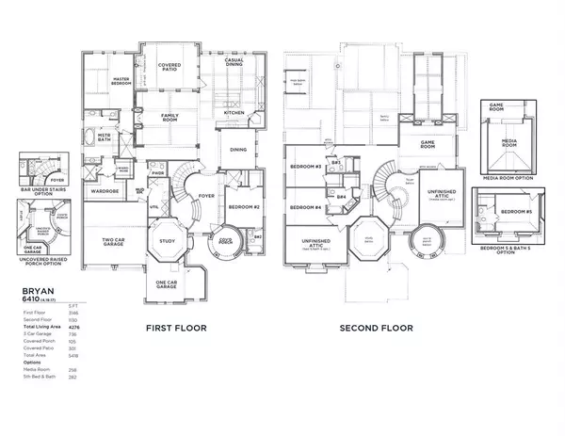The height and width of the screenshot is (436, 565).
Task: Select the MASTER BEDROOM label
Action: point(121,82)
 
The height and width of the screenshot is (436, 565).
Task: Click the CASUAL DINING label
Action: point(236,63)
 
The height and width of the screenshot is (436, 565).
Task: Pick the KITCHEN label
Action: point(234,113)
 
